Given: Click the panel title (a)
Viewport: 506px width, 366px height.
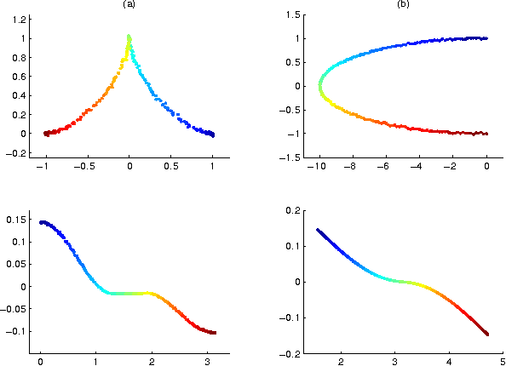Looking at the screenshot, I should click(x=129, y=4).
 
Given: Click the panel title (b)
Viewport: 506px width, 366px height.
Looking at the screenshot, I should click(x=403, y=4).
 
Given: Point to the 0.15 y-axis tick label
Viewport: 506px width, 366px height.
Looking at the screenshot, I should click(x=20, y=219).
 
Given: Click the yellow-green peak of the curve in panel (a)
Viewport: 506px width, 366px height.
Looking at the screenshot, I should click(x=129, y=38).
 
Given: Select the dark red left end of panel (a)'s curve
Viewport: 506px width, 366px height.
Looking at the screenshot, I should click(x=46, y=133).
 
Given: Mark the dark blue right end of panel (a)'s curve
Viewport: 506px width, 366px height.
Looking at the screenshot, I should click(x=212, y=134).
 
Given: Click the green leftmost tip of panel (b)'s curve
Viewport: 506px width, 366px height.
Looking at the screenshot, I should click(x=320, y=86).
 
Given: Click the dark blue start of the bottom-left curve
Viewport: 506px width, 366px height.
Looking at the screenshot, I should click(x=42, y=222).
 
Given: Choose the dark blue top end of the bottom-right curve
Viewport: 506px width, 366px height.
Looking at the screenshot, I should click(x=319, y=230).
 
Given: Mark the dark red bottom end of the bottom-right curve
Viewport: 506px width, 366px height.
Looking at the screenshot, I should click(x=486, y=334).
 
